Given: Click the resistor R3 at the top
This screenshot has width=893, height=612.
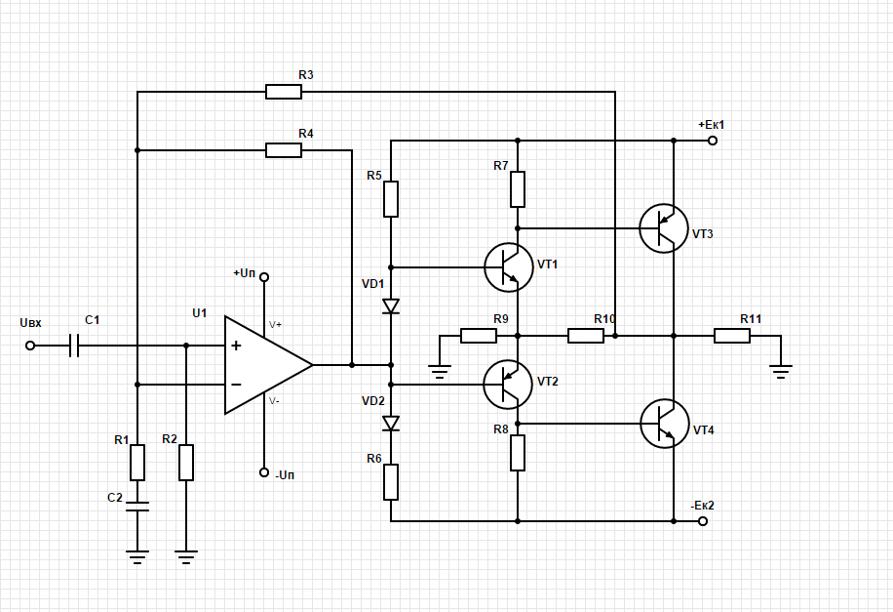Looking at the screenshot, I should coord(283,92).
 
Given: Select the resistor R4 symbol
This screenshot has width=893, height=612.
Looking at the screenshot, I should coord(283,150).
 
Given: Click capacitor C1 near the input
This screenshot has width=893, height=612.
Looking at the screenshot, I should coord(74,346).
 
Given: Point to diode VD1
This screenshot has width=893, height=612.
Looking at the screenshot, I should coord(391,306).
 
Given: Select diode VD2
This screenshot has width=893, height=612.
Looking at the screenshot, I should coord(391,423).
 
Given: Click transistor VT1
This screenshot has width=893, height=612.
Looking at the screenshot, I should coord(509,266).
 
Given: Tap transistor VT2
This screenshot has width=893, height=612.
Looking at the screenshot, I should coord(509,384).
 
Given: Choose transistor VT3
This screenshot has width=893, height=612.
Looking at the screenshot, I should coord(664,228).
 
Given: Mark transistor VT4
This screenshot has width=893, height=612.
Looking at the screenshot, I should coord(664,424).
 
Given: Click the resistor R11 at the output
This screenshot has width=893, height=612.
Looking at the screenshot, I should coord(731,336).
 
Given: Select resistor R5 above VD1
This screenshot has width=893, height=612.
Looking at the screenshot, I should coord(391,198).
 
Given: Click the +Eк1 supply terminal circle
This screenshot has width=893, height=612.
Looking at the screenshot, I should coord(713,141).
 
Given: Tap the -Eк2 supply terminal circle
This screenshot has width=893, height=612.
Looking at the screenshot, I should coord(703,521).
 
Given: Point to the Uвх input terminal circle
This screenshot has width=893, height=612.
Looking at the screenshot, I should coord(30,346).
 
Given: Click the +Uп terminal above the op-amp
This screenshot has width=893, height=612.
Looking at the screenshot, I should coord(263,277).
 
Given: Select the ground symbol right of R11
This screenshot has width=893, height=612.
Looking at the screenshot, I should coord(780,369).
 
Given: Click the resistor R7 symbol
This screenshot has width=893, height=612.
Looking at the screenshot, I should coord(518,188).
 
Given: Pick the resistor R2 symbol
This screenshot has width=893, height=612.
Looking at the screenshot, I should coord(186,462).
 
